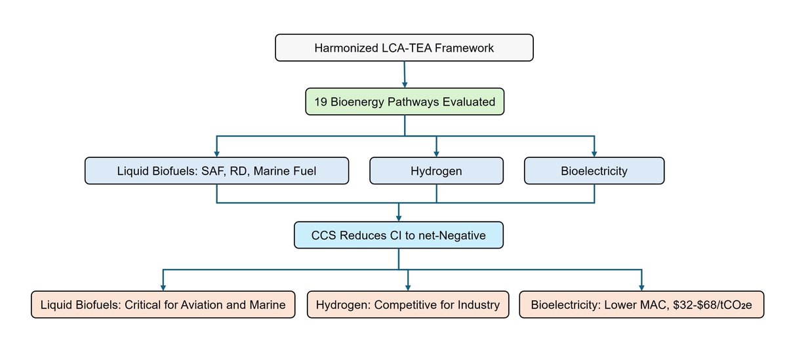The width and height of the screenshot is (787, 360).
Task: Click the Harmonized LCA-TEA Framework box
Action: pos(404,48)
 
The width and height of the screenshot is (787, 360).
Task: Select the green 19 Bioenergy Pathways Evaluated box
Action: pos(405,102)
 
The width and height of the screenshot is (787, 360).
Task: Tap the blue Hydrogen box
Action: pos(437,171)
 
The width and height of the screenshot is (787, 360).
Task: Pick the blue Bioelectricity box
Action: pos(594,171)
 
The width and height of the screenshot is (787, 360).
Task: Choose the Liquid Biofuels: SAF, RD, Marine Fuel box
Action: pos(217,171)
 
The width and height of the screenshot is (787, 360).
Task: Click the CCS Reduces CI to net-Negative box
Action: pos(399,235)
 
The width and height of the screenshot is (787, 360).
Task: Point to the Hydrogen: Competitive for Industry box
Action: pos(408,305)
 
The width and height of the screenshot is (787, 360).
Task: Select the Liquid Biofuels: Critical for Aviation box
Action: pos(163,305)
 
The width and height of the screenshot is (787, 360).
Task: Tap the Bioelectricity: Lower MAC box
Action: pos(641,305)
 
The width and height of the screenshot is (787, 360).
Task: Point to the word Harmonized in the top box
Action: pos(345,48)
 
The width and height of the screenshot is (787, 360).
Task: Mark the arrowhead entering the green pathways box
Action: pos(405,85)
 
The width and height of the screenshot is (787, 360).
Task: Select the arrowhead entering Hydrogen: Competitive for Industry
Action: pos(408,287)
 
